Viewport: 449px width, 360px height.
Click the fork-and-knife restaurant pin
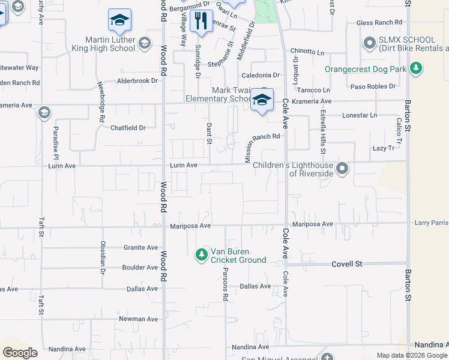tap(200, 22)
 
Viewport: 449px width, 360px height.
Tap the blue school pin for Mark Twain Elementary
tap(262, 100)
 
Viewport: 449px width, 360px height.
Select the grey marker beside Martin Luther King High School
tap(144, 43)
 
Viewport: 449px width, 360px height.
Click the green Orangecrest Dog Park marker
tap(415, 69)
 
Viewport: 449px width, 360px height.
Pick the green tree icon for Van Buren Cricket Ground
tap(201, 255)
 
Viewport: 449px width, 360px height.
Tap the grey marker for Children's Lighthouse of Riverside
tap(342, 168)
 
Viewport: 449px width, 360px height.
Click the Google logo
tap(20, 352)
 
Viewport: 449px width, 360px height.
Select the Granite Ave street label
tap(140, 247)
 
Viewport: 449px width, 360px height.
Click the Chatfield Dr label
tap(128, 128)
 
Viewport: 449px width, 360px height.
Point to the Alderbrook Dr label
tap(137, 80)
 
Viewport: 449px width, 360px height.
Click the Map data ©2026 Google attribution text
tap(411, 355)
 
